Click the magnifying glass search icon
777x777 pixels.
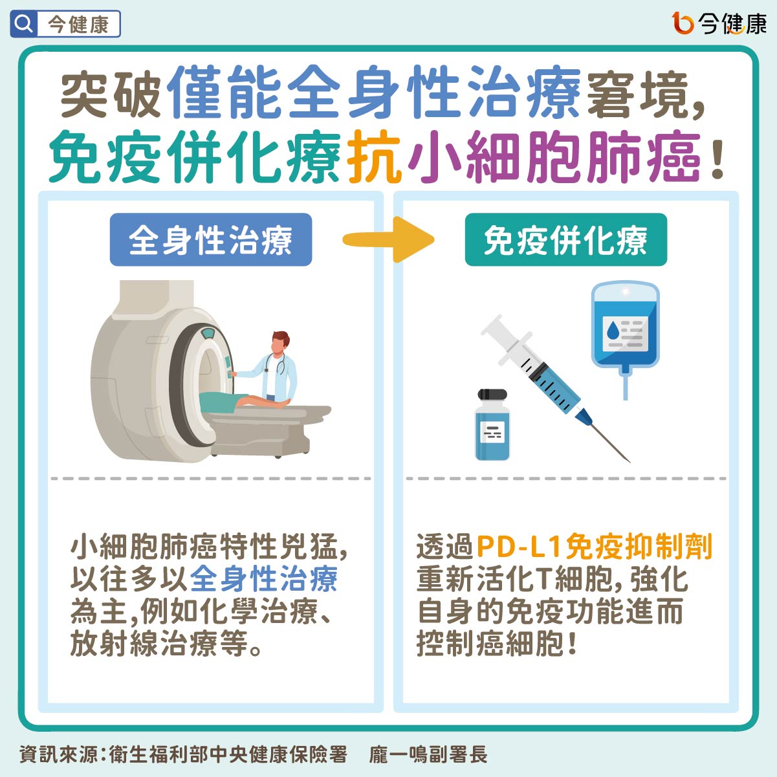click(x=24, y=24)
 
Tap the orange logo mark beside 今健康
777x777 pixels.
click(x=683, y=23)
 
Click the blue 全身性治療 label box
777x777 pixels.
click(x=210, y=239)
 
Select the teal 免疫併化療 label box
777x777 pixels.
click(x=565, y=239)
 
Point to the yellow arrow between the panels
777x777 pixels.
click(x=388, y=239)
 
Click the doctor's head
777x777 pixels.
click(x=280, y=342)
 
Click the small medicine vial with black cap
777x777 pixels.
click(x=492, y=425)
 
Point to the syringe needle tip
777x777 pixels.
click(x=630, y=462)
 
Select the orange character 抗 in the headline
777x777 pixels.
click(x=375, y=157)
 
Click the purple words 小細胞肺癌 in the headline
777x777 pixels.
click(x=554, y=157)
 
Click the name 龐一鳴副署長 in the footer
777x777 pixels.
click(x=428, y=754)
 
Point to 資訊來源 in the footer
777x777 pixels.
click(x=58, y=754)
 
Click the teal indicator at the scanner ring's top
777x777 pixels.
click(x=208, y=333)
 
